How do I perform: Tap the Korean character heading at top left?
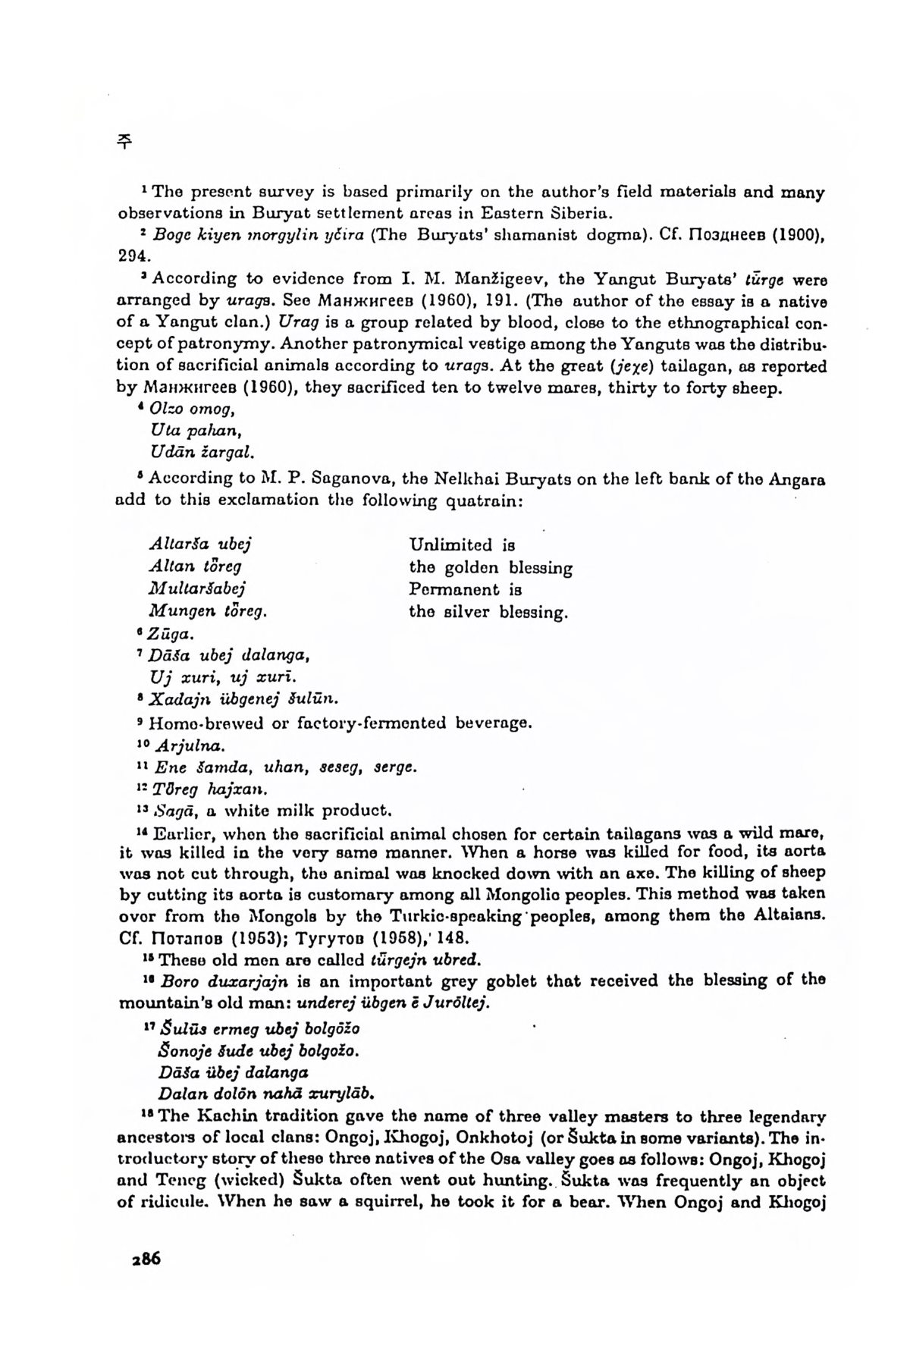[124, 142]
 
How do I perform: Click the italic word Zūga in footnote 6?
[167, 634]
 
